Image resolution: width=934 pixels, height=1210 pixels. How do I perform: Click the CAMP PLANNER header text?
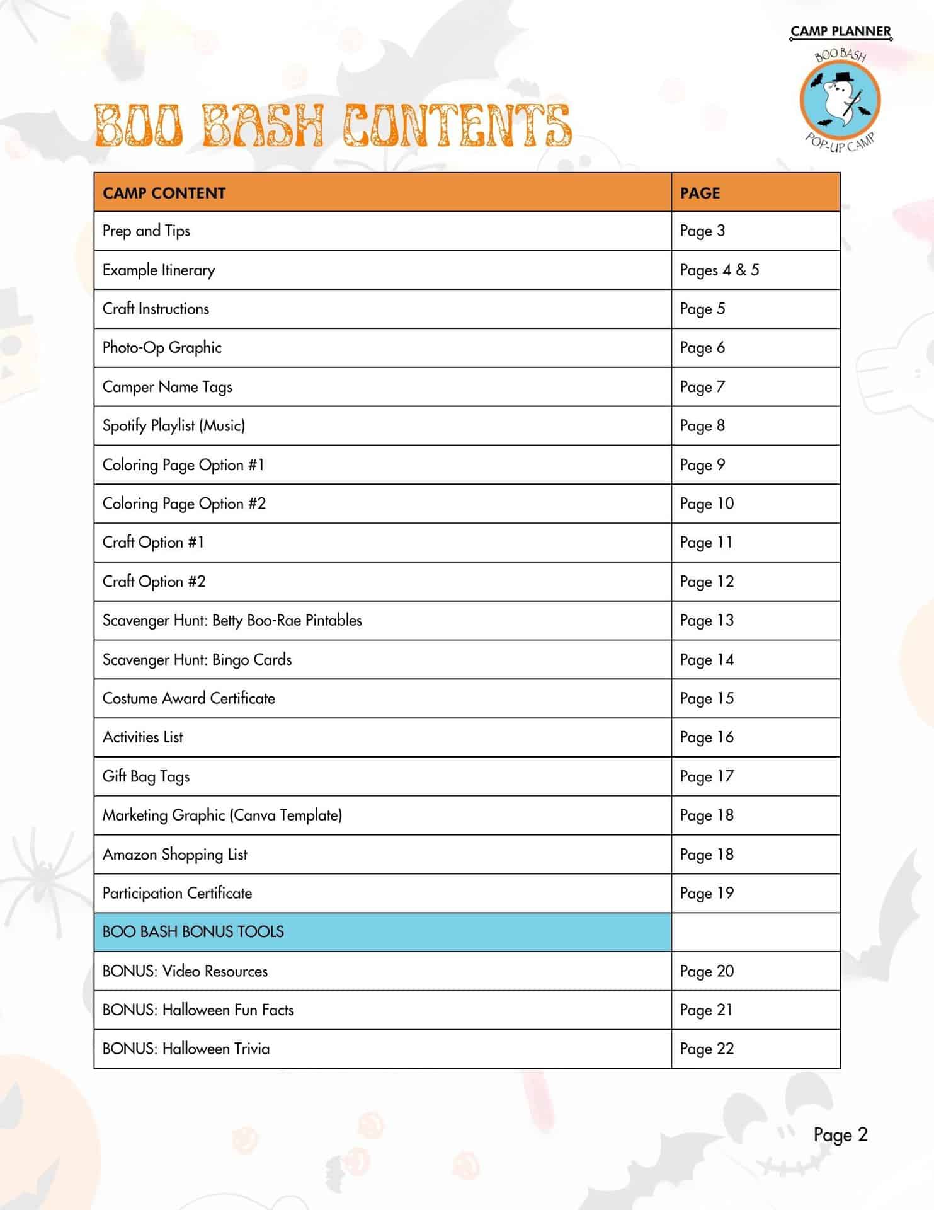point(841,32)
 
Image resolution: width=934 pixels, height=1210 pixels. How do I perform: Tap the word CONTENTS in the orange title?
point(457,125)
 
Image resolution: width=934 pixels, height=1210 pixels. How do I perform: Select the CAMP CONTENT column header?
point(164,193)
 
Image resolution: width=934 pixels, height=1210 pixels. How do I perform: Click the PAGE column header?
point(700,193)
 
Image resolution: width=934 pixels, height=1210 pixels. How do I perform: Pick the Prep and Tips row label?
point(146,231)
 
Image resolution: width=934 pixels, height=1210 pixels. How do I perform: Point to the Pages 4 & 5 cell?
point(719,270)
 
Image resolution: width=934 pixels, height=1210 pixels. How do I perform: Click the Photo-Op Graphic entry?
point(162,348)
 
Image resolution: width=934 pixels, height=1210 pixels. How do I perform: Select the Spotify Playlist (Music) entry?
point(174,426)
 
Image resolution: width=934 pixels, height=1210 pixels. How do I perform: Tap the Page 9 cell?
point(702,465)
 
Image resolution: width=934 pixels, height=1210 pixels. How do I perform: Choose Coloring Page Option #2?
point(184,504)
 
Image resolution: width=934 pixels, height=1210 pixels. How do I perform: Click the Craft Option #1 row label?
point(153,543)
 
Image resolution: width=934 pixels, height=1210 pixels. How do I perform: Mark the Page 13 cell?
point(707,621)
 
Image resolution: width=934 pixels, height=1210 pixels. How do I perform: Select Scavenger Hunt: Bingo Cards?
point(197,660)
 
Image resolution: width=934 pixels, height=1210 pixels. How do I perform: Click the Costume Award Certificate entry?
point(189,699)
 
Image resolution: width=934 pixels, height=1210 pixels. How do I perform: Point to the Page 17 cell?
point(707,776)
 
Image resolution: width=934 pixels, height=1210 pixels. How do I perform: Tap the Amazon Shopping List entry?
point(175,855)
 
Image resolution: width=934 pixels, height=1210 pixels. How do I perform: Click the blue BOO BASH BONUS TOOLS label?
point(193,932)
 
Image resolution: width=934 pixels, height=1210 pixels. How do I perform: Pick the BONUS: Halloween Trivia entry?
point(186,1049)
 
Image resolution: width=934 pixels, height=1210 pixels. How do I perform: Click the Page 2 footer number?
point(840,1135)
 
